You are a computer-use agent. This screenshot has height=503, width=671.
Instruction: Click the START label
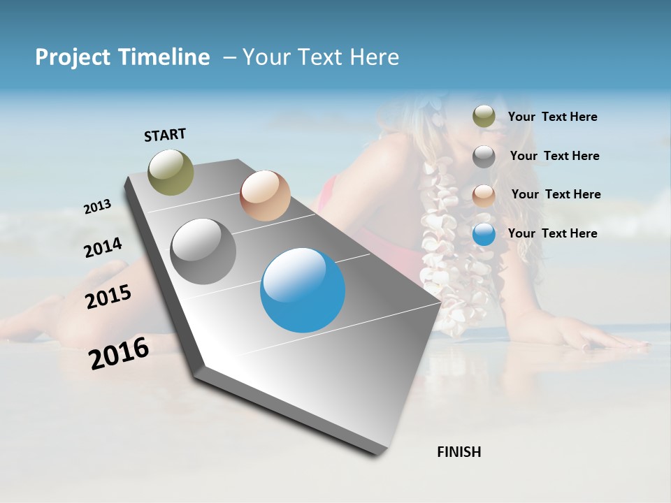click(165, 135)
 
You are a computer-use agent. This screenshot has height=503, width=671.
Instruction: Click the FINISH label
click(459, 452)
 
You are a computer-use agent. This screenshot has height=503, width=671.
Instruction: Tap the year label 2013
click(97, 207)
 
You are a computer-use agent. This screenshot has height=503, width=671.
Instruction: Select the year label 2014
click(103, 248)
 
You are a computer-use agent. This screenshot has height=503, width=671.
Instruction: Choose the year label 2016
click(119, 353)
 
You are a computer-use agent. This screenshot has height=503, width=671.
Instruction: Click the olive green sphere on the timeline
click(171, 172)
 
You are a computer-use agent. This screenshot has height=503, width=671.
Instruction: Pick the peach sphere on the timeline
click(265, 196)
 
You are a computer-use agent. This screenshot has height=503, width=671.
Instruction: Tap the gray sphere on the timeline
click(203, 251)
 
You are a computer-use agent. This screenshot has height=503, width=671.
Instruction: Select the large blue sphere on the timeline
click(303, 290)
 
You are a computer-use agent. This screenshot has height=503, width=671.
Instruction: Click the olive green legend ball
click(484, 117)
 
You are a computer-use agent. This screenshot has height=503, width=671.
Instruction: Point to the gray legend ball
click(484, 156)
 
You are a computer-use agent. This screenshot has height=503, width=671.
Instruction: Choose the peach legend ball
click(484, 195)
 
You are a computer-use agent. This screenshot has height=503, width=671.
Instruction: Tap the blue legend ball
click(484, 234)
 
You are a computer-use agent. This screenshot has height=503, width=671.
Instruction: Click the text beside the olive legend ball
click(552, 117)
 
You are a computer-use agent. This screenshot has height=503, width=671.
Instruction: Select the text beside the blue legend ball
click(552, 233)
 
